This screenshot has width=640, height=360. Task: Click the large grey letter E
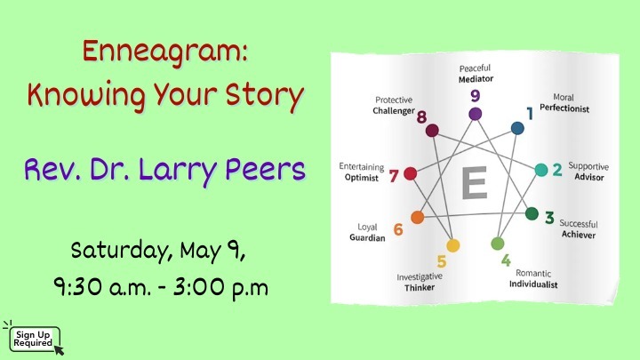point(474,186)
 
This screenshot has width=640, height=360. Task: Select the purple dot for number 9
point(475,113)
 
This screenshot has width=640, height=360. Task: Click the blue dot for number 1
point(517,128)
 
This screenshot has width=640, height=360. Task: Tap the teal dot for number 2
point(540,169)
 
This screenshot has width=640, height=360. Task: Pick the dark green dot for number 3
point(532,213)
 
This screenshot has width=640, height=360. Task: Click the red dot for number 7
point(411,174)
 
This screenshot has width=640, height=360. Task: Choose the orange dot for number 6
point(417,216)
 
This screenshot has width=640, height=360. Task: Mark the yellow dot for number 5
point(453,244)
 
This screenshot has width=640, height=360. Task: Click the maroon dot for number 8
point(433,131)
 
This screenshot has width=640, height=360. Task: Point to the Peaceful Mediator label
point(475,73)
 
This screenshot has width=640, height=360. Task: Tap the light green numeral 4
point(506,260)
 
